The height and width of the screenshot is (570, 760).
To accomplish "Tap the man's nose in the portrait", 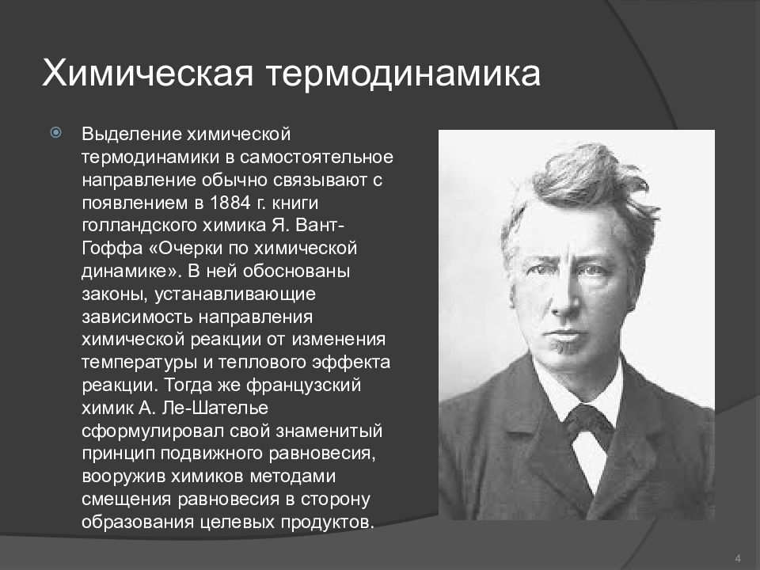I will point(564,292).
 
